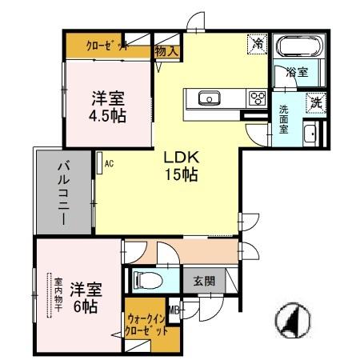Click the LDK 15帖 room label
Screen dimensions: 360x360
coord(182,165)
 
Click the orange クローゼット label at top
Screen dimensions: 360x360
coord(108,46)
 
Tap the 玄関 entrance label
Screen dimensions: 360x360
coord(204,282)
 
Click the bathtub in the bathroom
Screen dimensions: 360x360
coord(298,46)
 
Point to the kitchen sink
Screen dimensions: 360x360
coord(210,98)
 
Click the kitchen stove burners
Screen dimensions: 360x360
coord(258,98)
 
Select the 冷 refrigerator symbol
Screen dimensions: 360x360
coord(258,44)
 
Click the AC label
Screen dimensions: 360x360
coord(109,164)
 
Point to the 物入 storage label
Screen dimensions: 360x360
coord(168,50)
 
